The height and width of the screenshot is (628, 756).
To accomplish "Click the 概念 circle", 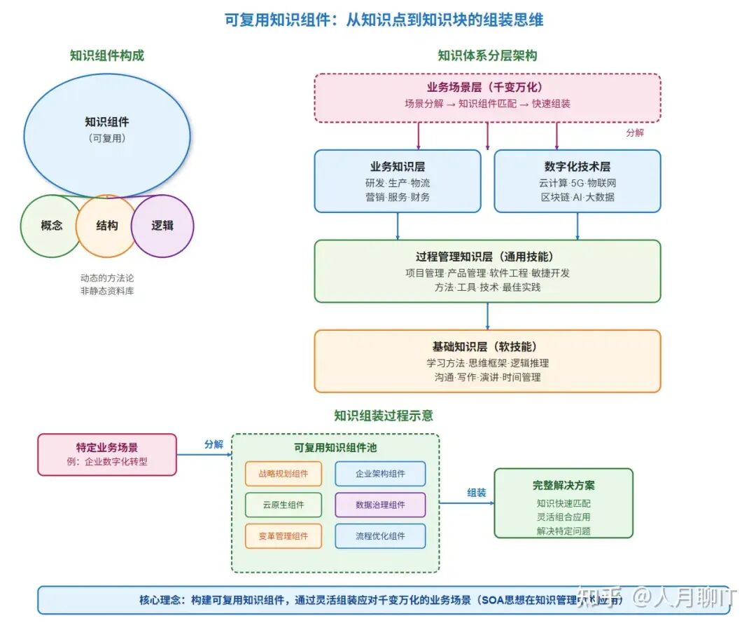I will (x=50, y=226).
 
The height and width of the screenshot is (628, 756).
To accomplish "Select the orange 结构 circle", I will (x=106, y=226).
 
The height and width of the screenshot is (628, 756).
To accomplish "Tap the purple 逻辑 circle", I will (x=162, y=226).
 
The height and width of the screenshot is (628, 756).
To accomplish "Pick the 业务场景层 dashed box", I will (x=487, y=97).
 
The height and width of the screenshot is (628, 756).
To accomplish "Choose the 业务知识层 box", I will (x=398, y=181).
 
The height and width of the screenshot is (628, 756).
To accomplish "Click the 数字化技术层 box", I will (x=577, y=181).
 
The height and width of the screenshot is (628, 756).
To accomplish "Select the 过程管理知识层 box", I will (x=487, y=271).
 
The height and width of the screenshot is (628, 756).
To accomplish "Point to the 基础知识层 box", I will (x=487, y=361).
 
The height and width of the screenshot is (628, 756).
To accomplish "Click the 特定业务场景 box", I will (x=107, y=454).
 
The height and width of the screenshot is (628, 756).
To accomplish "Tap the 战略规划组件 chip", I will (x=283, y=474).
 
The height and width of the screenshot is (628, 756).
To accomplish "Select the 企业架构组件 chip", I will (x=380, y=474).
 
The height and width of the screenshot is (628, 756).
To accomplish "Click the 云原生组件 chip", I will (x=283, y=505).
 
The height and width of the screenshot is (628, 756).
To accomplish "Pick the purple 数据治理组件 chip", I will (x=380, y=505).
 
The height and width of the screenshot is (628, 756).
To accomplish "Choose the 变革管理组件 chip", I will (x=283, y=536).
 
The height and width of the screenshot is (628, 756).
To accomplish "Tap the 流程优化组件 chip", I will (x=380, y=536).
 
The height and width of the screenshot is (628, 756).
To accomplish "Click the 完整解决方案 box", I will (x=563, y=503).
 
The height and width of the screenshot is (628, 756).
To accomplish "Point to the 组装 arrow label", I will (x=477, y=493).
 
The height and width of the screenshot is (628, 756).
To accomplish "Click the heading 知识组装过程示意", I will (x=384, y=416).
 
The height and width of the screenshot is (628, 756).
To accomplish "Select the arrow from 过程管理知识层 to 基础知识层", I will (x=487, y=316).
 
